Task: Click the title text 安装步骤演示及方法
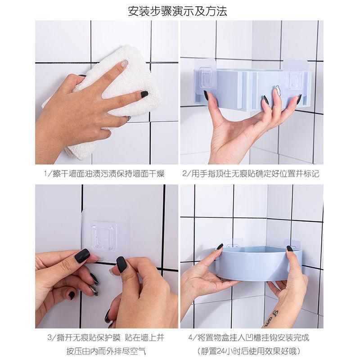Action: click(x=180, y=10)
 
